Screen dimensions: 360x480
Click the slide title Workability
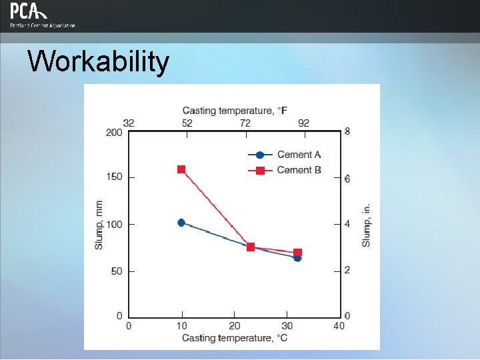click(x=98, y=62)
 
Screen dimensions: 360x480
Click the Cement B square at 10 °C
click(x=181, y=169)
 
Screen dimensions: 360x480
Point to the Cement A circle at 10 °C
click(x=181, y=223)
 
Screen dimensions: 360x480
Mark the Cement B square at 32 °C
click(x=297, y=253)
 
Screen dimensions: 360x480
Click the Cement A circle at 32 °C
click(x=297, y=258)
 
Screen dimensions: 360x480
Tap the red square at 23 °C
click(x=251, y=247)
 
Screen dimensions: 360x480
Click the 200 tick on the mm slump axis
click(x=114, y=132)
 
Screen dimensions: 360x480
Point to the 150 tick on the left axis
click(x=114, y=177)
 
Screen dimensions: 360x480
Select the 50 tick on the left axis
click(x=116, y=271)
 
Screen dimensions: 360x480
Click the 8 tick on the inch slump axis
click(x=347, y=132)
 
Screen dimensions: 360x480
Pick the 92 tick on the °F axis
click(x=303, y=123)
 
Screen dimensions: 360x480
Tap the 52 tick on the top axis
click(x=187, y=123)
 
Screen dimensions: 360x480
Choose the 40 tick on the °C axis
click(x=339, y=326)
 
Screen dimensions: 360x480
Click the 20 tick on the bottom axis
click(x=234, y=326)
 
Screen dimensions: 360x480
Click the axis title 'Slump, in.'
click(x=366, y=225)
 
